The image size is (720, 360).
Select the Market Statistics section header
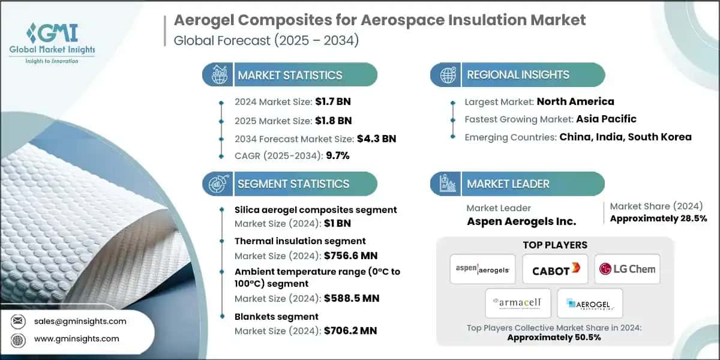coord(290,75)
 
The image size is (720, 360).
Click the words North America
coord(575,101)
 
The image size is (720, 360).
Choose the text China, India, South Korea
coord(625,137)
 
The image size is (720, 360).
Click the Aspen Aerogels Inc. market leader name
coord(521,221)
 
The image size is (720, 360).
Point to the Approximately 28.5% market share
coord(658,218)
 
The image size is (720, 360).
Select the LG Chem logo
coord(626,269)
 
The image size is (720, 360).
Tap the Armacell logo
coord(517,304)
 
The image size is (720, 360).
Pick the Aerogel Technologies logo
coord(589,304)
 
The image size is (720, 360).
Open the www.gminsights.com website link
coord(77,338)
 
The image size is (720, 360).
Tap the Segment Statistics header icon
coord(217,184)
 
